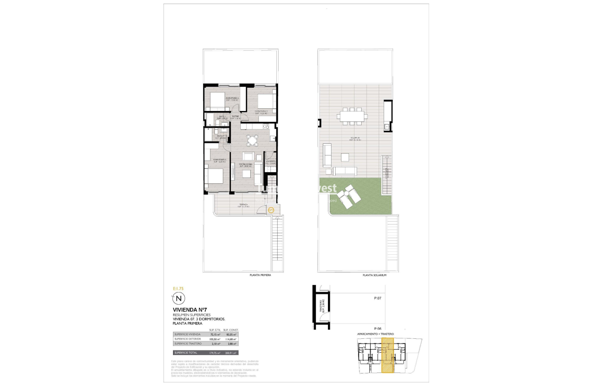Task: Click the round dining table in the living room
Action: click(252, 141)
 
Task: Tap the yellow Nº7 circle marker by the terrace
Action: click(271, 209)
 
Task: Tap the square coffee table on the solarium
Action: click(345, 157)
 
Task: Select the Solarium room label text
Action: click(355, 138)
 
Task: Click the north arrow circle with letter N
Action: click(179, 298)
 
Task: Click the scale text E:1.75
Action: click(178, 288)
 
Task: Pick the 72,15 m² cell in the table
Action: click(217, 334)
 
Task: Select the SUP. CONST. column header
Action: click(231, 329)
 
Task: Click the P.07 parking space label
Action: click(378, 298)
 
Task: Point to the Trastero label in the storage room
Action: click(321, 307)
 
